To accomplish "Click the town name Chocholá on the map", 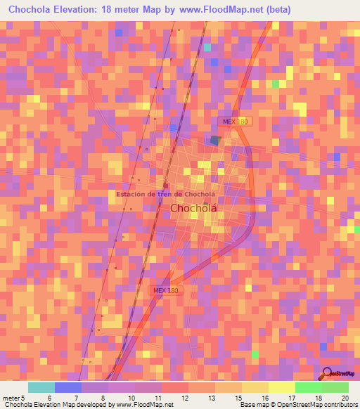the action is click(193, 209).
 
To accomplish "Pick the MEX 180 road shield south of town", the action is click(167, 290).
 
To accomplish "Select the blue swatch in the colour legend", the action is click(68, 387).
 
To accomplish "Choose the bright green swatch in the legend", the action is click(308, 387).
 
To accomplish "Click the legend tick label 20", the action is click(344, 397).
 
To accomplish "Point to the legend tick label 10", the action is click(129, 397).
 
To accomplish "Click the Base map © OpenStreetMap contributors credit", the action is click(298, 405).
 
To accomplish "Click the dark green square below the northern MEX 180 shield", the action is click(214, 140).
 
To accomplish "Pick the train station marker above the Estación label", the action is click(167, 184).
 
